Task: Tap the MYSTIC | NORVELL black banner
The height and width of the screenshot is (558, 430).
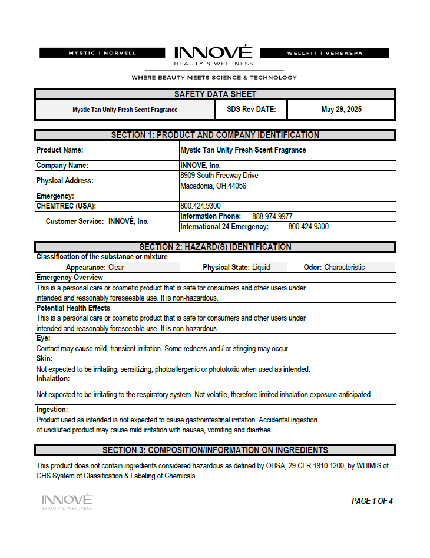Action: click(x=102, y=53)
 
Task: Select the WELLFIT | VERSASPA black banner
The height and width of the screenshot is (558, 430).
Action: click(x=325, y=53)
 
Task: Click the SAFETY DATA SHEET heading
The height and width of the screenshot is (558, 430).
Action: click(x=215, y=94)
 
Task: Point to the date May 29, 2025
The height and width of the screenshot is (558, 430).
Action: click(x=341, y=110)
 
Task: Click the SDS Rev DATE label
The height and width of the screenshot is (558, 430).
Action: click(x=251, y=110)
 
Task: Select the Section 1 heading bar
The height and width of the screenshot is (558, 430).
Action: click(x=215, y=135)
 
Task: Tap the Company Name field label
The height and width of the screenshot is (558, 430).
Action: click(x=62, y=166)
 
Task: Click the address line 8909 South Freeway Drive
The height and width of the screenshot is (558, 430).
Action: click(x=219, y=176)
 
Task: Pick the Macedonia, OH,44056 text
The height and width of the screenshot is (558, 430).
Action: click(x=213, y=186)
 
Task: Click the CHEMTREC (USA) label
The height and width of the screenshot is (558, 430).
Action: click(x=66, y=206)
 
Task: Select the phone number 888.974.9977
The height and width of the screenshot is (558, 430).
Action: click(x=272, y=216)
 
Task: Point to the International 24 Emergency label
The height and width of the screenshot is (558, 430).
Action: click(x=224, y=226)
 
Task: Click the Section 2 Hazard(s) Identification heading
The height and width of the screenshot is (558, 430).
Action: click(x=215, y=247)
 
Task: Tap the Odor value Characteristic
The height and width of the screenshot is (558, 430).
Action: click(x=344, y=267)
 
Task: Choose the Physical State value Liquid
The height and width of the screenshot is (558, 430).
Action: click(x=261, y=267)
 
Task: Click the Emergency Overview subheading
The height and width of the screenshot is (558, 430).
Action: click(x=70, y=277)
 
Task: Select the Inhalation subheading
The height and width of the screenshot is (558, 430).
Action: click(x=53, y=379)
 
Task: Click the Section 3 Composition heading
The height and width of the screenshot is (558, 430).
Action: click(x=215, y=450)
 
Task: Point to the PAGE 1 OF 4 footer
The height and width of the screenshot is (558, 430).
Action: click(x=372, y=501)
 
